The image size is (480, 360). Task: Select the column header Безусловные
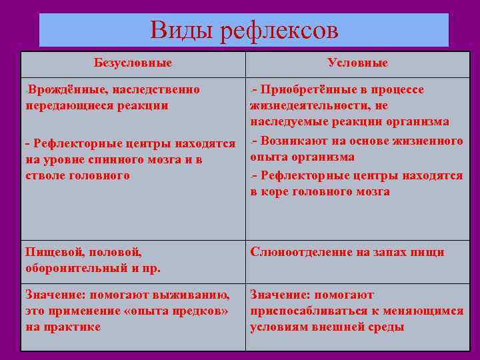coord(133,63)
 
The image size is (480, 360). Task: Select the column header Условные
coord(357,63)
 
